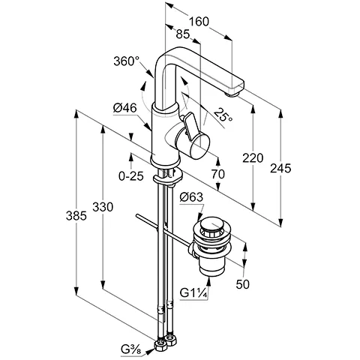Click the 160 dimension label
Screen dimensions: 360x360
click(x=199, y=22)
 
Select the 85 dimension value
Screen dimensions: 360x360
click(x=183, y=34)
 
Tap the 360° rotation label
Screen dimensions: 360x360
click(x=126, y=61)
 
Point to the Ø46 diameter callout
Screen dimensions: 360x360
click(x=125, y=108)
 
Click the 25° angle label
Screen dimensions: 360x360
click(x=223, y=115)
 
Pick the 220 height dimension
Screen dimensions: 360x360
click(x=253, y=158)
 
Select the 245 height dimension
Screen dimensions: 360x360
click(x=280, y=168)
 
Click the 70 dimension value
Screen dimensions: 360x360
click(x=218, y=174)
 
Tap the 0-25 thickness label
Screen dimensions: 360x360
click(x=131, y=176)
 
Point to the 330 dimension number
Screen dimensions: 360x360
click(x=103, y=207)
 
